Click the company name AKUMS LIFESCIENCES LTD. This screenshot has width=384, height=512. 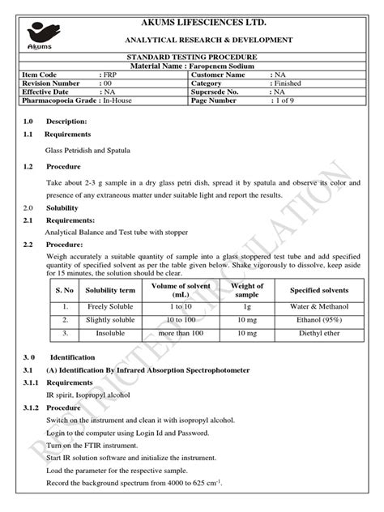pos(207,22)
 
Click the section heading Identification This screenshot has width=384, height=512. pos(73,356)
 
